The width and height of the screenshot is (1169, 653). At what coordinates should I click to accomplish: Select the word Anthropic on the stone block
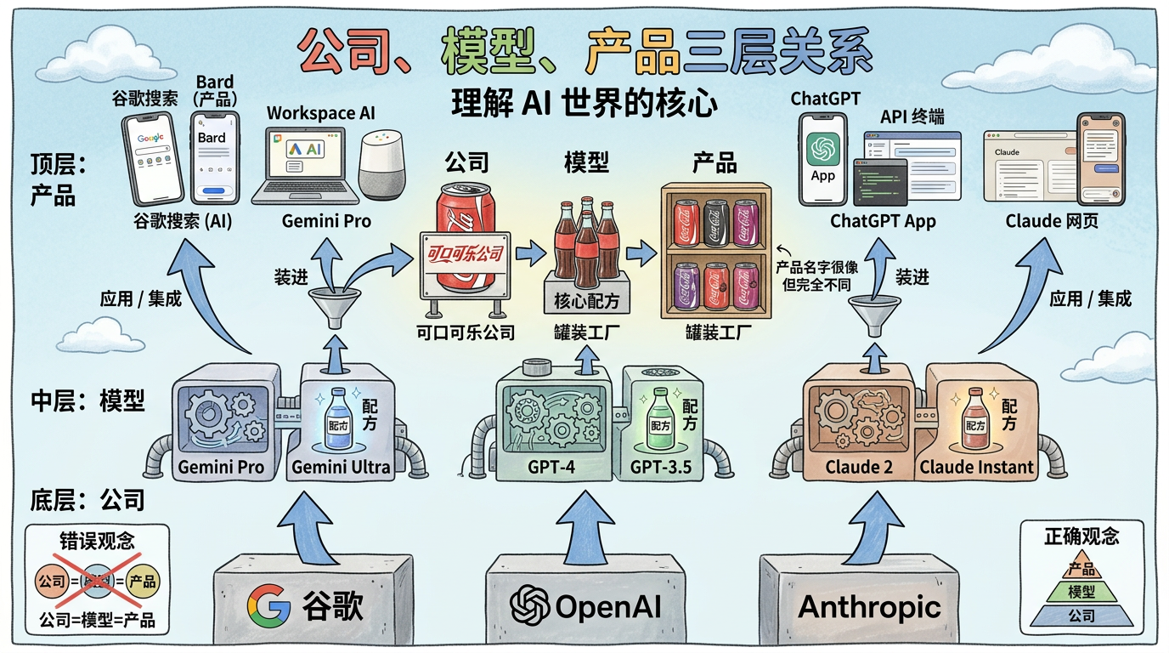click(x=869, y=606)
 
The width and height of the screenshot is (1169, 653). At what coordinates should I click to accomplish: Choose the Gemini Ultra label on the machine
click(x=341, y=466)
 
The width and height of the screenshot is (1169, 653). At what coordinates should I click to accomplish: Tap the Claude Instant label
click(x=977, y=466)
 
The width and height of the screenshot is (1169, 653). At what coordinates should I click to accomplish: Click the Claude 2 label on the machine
click(x=858, y=466)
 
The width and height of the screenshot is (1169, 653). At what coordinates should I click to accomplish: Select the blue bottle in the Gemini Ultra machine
click(x=337, y=417)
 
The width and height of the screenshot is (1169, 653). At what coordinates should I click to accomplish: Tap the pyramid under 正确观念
click(x=1081, y=592)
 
